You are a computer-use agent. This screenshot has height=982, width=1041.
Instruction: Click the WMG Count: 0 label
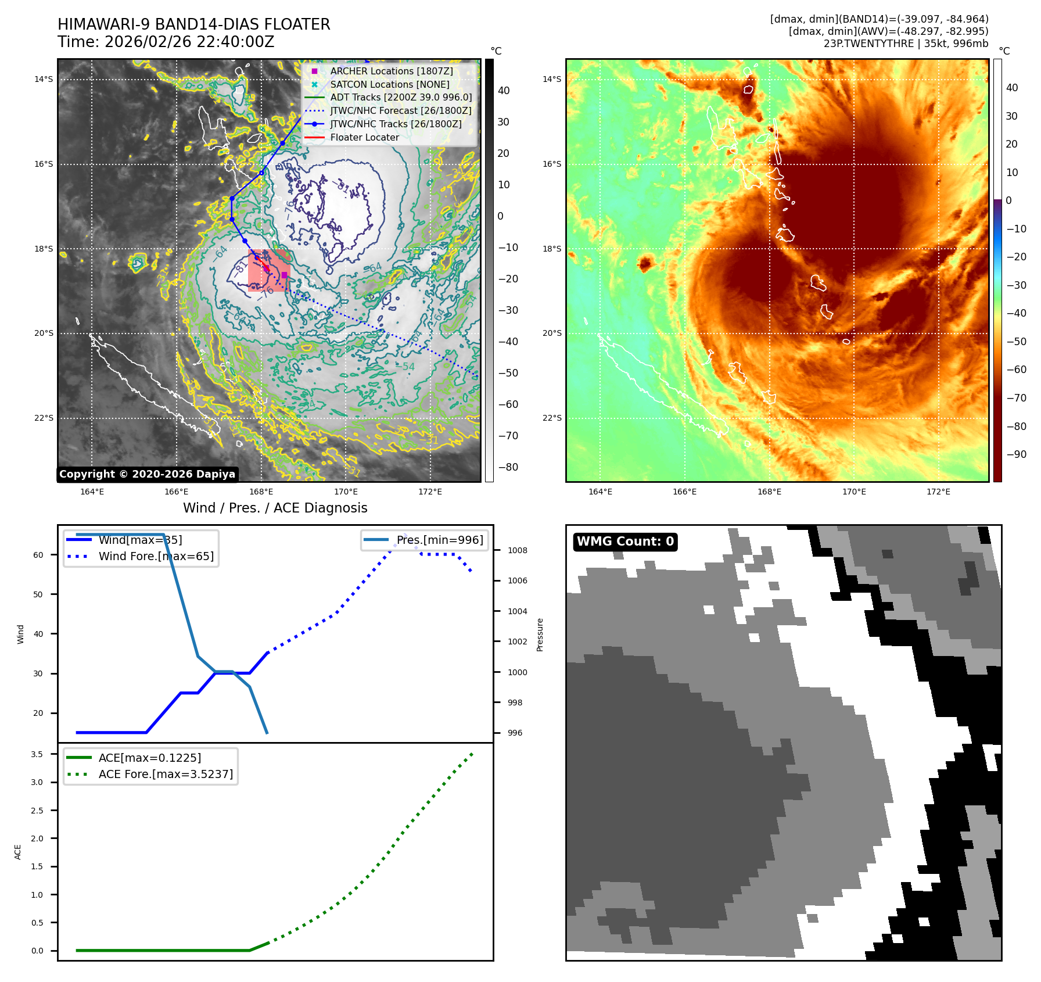625,542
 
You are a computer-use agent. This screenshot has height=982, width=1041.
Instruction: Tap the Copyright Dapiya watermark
147,474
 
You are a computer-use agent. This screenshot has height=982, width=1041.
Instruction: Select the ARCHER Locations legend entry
391,71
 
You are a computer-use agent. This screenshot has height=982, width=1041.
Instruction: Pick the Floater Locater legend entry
364,138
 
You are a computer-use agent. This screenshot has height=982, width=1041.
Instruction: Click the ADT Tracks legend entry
401,98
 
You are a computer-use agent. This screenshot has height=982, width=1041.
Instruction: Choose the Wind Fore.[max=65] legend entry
156,556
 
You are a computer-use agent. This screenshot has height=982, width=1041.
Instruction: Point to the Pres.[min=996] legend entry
439,540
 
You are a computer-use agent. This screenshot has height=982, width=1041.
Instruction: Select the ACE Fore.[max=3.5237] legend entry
166,774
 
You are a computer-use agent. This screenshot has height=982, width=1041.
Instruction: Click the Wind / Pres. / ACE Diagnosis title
275,508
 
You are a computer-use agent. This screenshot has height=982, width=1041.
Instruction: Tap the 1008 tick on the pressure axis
517,550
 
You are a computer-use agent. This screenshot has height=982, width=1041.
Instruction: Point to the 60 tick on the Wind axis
38,555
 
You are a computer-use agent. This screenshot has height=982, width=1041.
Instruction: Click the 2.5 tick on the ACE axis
37,811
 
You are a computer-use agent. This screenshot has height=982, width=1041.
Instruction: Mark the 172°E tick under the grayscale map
430,492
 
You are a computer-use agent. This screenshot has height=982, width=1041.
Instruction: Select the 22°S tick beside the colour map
552,418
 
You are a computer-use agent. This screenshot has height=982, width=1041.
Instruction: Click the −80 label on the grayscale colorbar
508,467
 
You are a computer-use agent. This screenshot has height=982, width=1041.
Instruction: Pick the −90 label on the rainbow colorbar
1016,454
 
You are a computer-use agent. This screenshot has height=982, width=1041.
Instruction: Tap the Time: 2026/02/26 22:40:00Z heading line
166,42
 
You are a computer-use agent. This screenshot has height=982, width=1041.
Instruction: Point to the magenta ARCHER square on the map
285,275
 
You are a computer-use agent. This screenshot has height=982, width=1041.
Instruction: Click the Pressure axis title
540,635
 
